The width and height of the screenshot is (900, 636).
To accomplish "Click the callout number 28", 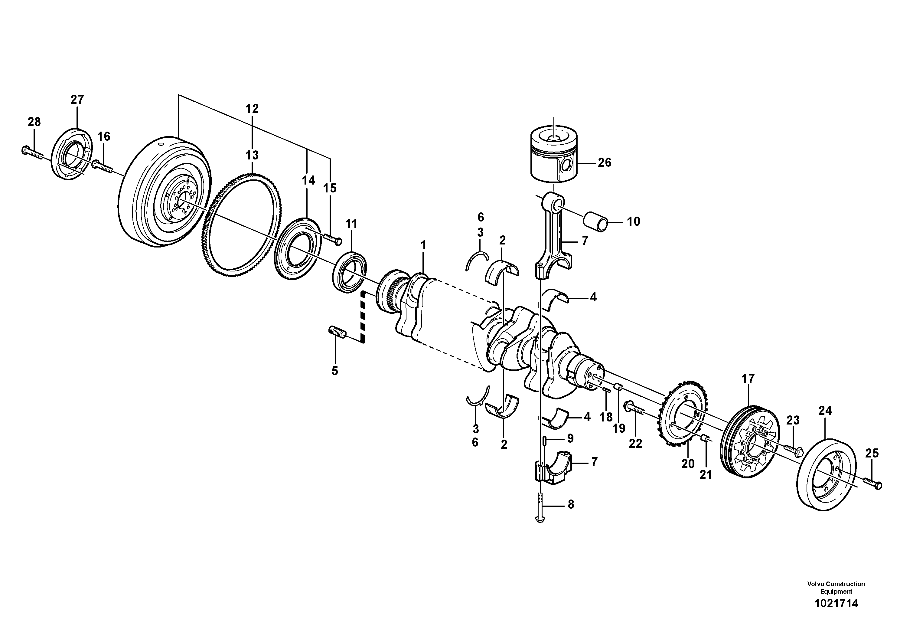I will [34, 122].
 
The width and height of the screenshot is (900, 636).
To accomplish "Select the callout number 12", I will [252, 109].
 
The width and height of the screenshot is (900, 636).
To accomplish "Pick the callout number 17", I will [748, 379].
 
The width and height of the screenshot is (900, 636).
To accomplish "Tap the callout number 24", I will [825, 411].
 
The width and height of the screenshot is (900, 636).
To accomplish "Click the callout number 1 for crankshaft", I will [423, 245].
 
